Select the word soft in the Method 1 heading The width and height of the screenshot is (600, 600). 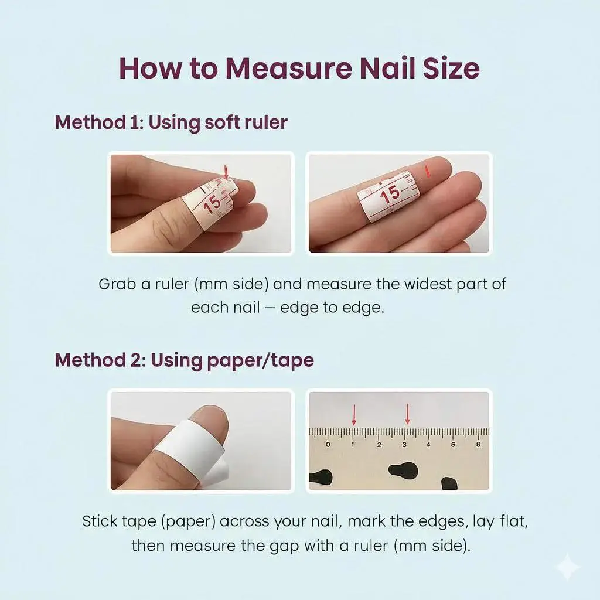[218, 122]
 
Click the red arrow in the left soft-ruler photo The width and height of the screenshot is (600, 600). [226, 172]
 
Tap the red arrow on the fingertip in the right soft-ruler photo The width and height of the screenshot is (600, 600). [428, 172]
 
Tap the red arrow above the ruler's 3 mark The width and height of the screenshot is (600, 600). [408, 414]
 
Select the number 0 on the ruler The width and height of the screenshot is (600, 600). [328, 445]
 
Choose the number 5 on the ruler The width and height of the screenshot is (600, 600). [453, 445]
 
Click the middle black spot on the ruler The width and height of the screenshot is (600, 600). [403, 469]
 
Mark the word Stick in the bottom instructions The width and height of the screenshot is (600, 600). [100, 521]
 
